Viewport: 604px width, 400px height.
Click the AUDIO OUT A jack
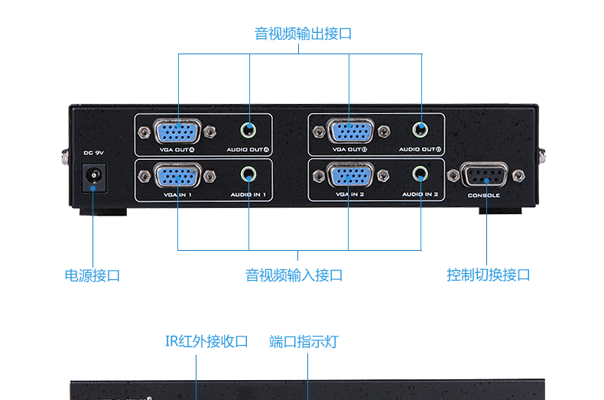tap(249, 129)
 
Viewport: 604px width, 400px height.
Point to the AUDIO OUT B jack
tap(420, 129)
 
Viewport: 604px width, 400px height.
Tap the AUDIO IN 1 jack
tap(249, 174)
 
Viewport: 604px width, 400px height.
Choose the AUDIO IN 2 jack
tap(420, 174)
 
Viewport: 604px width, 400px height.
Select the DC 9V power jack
tap(94, 178)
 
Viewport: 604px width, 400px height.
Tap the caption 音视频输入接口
tap(294, 275)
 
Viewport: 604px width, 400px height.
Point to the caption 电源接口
tap(92, 275)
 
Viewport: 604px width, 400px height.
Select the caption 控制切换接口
tap(489, 275)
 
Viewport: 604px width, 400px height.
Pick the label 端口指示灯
tap(304, 342)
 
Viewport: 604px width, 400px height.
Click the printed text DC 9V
tap(93, 153)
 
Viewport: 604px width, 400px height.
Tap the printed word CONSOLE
tap(484, 196)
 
